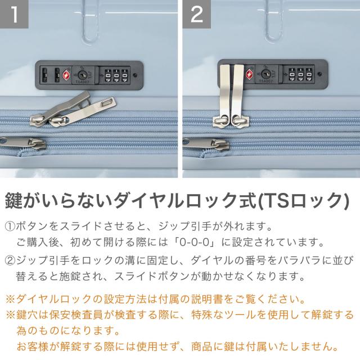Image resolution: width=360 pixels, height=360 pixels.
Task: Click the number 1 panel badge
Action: (x=14, y=13)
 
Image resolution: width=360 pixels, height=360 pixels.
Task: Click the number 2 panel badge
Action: (x=197, y=13)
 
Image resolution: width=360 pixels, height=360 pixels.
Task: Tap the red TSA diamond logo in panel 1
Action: (x=66, y=75)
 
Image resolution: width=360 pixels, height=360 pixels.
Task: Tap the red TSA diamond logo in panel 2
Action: (x=250, y=74)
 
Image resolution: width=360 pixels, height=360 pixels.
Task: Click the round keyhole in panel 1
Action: (x=83, y=75)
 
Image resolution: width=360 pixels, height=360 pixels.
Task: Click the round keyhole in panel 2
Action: (x=266, y=74)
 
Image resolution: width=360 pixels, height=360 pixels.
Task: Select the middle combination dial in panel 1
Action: (x=116, y=75)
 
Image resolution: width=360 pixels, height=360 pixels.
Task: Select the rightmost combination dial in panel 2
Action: (x=309, y=74)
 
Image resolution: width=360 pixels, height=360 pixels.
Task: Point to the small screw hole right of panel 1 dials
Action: (x=136, y=75)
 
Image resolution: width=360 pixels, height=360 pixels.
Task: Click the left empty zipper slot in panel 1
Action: (x=45, y=75)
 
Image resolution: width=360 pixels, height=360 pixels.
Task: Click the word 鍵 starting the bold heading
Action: (x=13, y=200)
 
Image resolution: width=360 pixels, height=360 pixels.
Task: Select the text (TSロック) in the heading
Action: (x=304, y=200)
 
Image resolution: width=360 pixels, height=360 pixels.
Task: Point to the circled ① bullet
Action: (x=10, y=227)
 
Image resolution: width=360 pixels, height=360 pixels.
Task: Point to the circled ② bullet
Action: (x=10, y=260)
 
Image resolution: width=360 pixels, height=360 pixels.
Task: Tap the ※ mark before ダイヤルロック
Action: (x=10, y=299)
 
